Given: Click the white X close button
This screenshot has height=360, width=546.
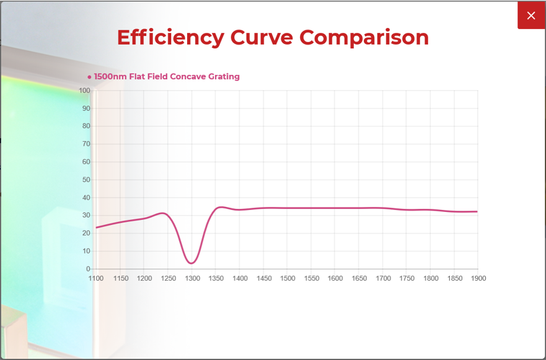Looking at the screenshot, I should [x=531, y=15].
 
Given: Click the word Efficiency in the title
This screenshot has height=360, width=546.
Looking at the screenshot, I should [x=170, y=37].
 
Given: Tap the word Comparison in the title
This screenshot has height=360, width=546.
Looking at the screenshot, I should [x=364, y=37].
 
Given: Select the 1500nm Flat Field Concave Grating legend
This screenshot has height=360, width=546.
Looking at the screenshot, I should [x=167, y=77].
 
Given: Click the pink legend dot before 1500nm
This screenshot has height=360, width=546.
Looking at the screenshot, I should [x=90, y=77].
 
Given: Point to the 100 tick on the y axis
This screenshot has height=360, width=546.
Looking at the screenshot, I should [x=85, y=91].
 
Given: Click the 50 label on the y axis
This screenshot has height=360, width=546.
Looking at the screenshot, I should [x=86, y=180].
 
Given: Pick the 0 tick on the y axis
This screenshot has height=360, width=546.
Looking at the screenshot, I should [x=88, y=269].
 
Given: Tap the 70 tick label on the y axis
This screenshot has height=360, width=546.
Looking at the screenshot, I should [x=86, y=144].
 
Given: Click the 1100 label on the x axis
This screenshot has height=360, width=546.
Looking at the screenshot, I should [x=96, y=279].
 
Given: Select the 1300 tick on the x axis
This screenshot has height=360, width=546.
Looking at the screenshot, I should [x=192, y=279].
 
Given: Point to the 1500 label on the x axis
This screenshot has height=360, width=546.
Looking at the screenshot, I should [x=288, y=279].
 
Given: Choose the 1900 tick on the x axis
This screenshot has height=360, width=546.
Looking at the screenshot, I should [x=477, y=279].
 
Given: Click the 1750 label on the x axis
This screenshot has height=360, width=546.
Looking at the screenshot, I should [x=407, y=279].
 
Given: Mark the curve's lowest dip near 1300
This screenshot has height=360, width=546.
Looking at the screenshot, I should [x=192, y=263].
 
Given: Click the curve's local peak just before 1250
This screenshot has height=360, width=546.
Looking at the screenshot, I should [x=163, y=213].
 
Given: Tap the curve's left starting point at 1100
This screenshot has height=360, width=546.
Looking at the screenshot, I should [x=96, y=227].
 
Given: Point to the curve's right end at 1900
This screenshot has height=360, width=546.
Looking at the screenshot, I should [x=477, y=212].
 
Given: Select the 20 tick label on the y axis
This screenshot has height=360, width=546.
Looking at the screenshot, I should [x=86, y=234].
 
